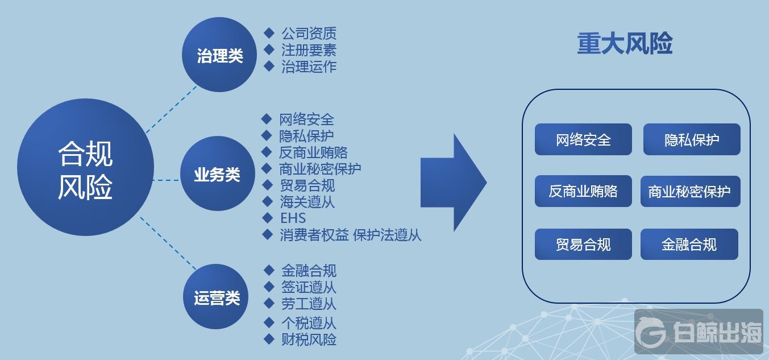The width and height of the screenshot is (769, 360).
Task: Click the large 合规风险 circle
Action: (x=85, y=167)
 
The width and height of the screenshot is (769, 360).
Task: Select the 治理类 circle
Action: (x=219, y=55)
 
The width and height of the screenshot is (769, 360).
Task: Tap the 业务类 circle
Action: (x=218, y=173)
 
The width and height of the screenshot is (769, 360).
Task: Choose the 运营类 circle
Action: (x=216, y=296)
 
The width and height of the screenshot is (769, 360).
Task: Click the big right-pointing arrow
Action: (x=454, y=183)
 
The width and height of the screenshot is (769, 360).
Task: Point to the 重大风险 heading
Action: (x=625, y=43)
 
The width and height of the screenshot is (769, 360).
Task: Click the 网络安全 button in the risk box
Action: (x=583, y=139)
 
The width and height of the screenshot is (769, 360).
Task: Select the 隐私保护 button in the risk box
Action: (x=692, y=139)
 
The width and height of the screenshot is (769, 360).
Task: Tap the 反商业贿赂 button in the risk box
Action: (x=583, y=191)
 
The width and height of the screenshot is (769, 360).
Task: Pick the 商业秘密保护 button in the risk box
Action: (x=691, y=191)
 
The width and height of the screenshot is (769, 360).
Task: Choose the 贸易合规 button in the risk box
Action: (x=583, y=244)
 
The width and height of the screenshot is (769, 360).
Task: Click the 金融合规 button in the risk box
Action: (x=689, y=244)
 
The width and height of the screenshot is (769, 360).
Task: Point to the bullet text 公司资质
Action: (x=309, y=34)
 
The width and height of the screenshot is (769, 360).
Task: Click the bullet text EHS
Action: (x=293, y=218)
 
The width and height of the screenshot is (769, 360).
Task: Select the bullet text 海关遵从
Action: (x=307, y=202)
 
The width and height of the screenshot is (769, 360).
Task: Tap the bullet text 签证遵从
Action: (x=309, y=287)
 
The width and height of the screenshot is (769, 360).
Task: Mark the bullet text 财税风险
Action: (x=309, y=340)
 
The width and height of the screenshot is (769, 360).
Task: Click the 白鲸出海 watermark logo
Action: (x=699, y=332)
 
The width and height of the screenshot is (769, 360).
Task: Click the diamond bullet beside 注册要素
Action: (x=269, y=49)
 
